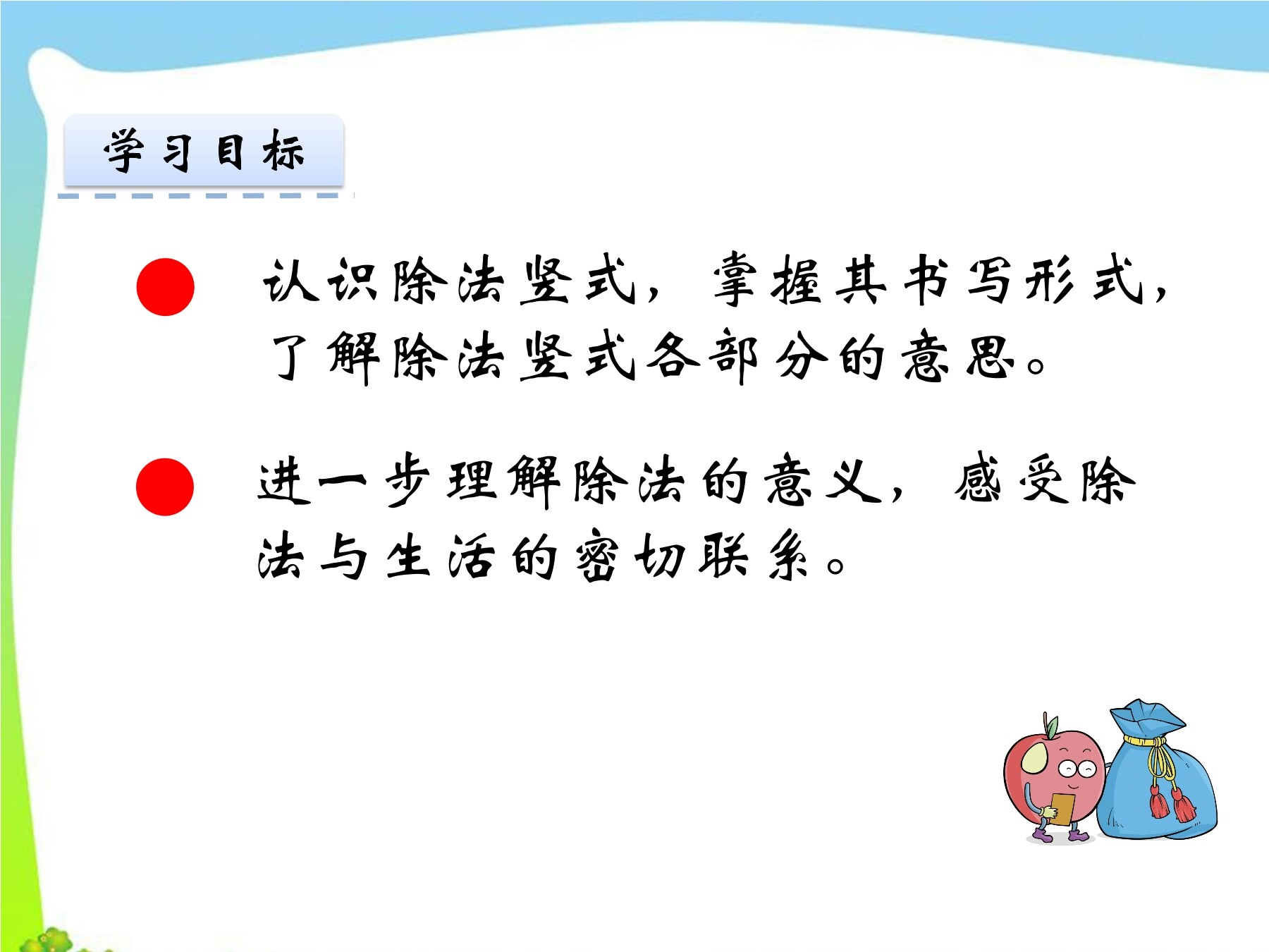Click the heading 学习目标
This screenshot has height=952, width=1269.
pos(204,151)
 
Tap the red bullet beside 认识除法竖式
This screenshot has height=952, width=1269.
pos(165,287)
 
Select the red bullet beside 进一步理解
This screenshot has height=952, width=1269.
pos(165,487)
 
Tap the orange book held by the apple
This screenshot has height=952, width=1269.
pos(1061,810)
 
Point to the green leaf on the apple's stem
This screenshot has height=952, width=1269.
pos(1052,726)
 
